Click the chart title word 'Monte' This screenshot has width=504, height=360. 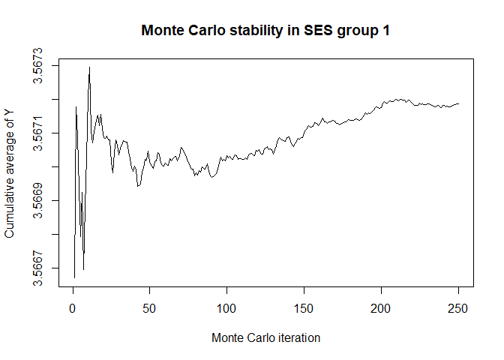[x=162, y=31]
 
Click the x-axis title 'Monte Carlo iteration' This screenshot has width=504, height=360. [x=265, y=337]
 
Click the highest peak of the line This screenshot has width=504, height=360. [x=89, y=67]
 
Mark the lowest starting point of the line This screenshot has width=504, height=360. [x=74, y=277]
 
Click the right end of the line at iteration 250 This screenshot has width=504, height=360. [x=458, y=103]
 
